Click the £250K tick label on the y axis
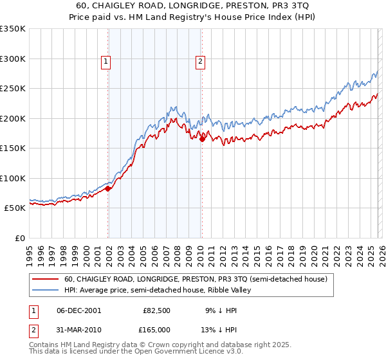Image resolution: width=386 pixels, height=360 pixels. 13,89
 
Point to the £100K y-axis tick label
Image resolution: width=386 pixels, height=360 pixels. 13,178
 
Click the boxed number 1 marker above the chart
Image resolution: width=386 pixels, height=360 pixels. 106,62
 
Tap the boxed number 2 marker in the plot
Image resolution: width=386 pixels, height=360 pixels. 201,62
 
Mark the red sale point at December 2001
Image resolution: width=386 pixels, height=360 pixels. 108,188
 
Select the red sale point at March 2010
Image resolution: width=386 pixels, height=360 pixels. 202,139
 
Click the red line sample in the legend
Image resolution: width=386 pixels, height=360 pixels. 45,280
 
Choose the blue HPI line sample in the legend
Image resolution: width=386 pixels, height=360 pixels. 45,291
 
